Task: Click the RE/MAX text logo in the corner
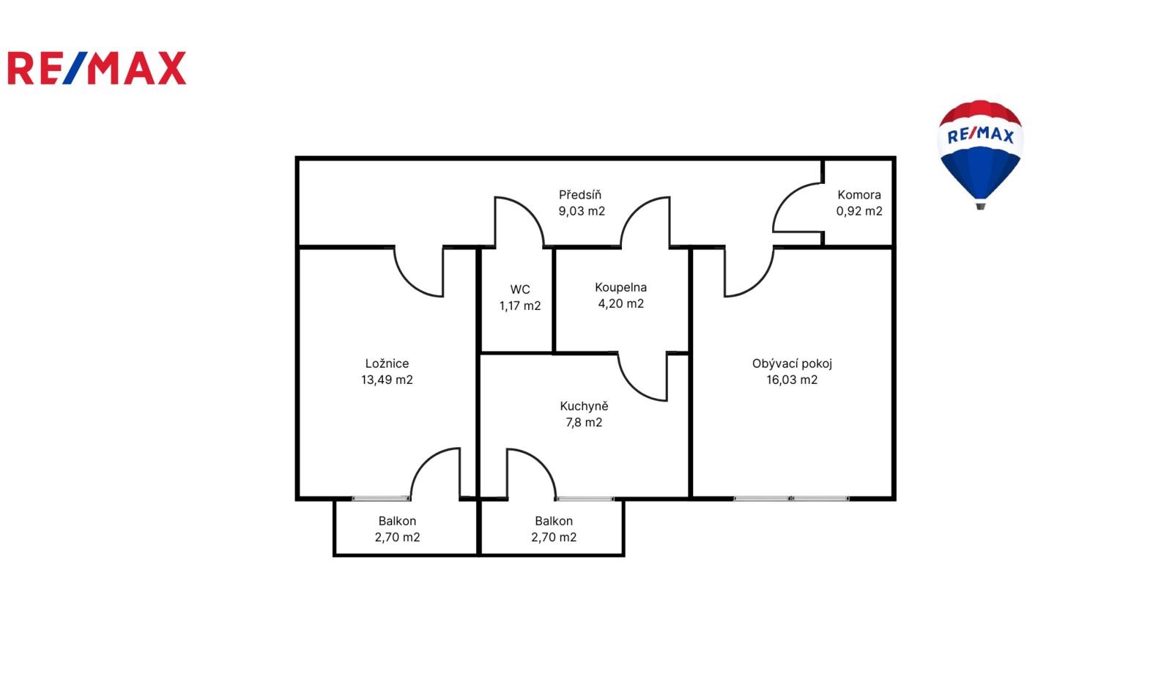pos(97,68)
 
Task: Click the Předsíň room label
pos(579,195)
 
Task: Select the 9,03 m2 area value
pos(582,211)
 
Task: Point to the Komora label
pos(859,195)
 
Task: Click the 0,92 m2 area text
pos(859,211)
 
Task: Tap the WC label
pos(520,289)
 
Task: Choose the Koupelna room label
pos(620,287)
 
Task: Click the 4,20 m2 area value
pos(620,303)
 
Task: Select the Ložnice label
pos(387,363)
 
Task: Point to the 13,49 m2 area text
pos(387,380)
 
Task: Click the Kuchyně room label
pos(584,406)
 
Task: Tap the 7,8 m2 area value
pos(584,423)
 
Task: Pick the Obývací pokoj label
pos(792,364)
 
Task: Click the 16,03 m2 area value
pos(792,380)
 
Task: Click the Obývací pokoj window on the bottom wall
pos(791,499)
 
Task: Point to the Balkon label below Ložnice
pos(397,521)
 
